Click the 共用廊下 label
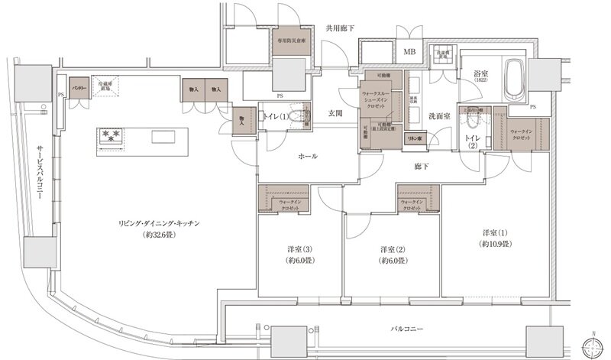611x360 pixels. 341,28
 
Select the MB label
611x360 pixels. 409,52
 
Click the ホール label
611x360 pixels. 308,156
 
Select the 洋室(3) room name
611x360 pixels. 299,250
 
